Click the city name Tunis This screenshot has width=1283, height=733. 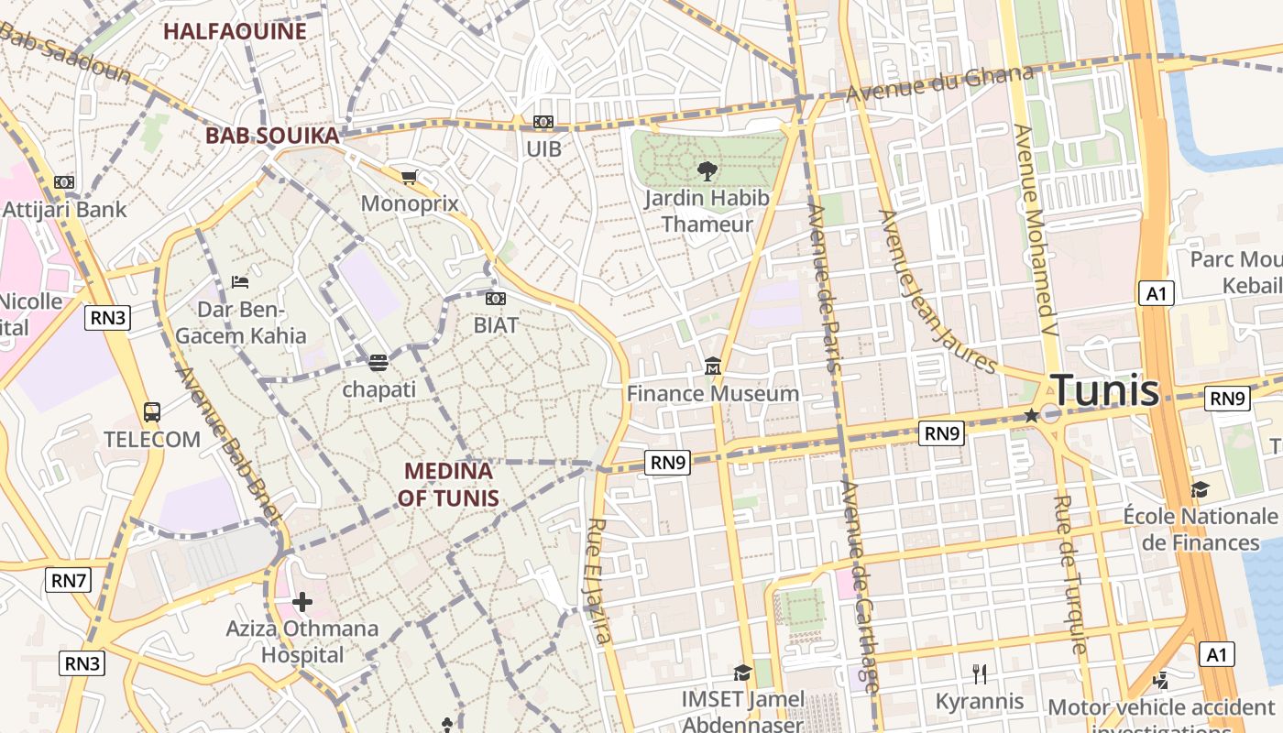click(1104, 390)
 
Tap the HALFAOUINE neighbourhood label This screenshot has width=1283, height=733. click(235, 31)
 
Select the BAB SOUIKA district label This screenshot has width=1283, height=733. click(272, 136)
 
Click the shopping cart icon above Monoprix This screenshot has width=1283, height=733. click(410, 176)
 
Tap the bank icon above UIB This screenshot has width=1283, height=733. click(543, 122)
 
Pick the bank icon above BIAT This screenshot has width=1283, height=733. click(496, 299)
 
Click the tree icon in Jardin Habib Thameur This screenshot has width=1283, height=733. click(707, 170)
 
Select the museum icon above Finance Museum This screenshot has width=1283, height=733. click(713, 367)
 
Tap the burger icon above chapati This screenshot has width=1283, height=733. click(378, 362)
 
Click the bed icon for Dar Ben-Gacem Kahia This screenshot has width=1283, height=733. click(240, 281)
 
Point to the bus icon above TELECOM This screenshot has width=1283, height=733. click(152, 412)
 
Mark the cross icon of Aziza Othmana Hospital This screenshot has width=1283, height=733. click(302, 602)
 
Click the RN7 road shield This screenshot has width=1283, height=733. click(69, 580)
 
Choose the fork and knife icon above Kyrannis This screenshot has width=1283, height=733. click(980, 674)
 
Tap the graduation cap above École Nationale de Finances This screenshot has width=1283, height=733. click(1200, 489)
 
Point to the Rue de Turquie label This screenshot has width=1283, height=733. click(1071, 574)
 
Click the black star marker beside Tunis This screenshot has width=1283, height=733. click(1031, 415)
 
